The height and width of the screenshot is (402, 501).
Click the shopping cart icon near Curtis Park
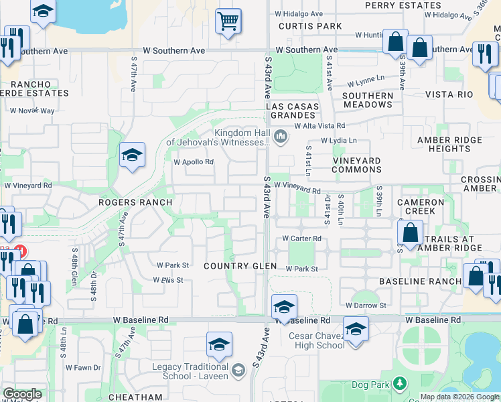pos(228,21)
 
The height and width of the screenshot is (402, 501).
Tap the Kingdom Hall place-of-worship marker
pos(281,137)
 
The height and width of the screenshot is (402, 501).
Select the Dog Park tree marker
pos(400,383)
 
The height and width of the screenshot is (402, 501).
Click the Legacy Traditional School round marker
pos(238,371)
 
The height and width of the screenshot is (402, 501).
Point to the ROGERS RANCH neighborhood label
pos(135,202)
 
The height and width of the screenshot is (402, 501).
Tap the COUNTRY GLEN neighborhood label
pos(240,266)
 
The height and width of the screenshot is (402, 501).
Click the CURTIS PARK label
pos(310,26)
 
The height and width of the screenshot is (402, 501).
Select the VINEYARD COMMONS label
pos(357,165)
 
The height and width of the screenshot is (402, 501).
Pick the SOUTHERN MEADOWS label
pos(368,100)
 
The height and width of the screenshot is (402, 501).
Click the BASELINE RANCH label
pos(420,281)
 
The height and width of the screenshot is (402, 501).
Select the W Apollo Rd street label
pos(194,162)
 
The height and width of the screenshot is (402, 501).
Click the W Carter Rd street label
pos(301,238)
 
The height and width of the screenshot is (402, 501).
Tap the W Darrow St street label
pos(366,306)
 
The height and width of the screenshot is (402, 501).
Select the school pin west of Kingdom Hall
pos(132,156)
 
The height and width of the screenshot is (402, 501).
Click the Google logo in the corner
pos(23,394)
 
